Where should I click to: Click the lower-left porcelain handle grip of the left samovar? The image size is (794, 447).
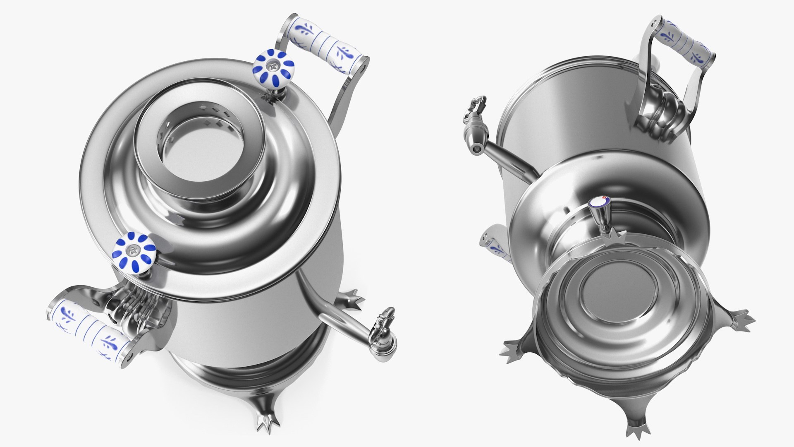[88, 329]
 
